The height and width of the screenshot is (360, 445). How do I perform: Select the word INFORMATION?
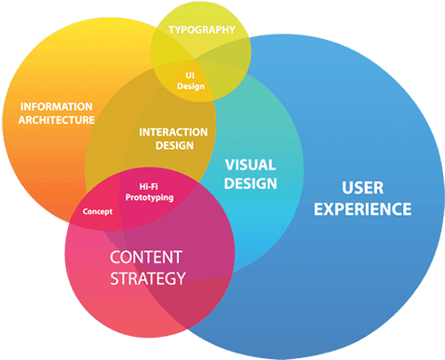(57, 106)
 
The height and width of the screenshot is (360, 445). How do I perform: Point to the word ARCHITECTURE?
(57, 120)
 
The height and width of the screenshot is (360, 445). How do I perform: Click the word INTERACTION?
(173, 132)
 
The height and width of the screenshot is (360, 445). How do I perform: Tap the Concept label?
(97, 212)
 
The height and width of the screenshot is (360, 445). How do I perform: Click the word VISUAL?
(250, 164)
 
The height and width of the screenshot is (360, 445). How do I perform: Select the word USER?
(361, 188)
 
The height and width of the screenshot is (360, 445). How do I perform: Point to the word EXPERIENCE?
(361, 209)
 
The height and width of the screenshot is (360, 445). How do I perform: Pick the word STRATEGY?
(147, 277)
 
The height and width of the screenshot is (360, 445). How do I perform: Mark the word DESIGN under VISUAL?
(250, 183)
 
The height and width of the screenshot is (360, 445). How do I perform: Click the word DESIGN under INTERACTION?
(173, 145)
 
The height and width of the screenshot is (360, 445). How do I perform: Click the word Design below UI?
(190, 87)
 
